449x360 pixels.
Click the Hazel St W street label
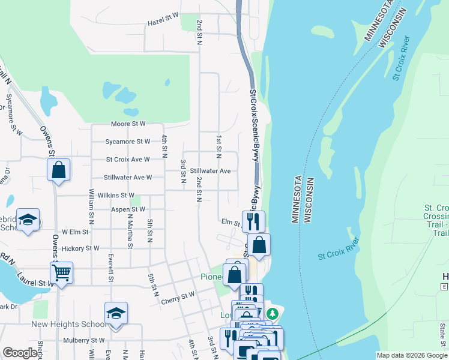[x=163, y=23]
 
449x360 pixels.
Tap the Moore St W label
[x=128, y=124]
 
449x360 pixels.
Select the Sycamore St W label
[x=127, y=142]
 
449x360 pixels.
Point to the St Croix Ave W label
[x=127, y=160]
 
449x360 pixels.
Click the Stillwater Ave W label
[x=127, y=178]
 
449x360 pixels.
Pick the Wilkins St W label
[x=119, y=195]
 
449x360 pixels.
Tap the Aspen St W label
[x=128, y=209]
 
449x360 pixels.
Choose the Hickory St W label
[x=80, y=248]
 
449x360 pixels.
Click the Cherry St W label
[x=178, y=295]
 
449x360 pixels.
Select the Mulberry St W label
[x=84, y=340]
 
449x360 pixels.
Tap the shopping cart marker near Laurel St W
[x=61, y=273]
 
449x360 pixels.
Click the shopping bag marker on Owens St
[x=59, y=169]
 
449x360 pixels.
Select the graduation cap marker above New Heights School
[x=116, y=313]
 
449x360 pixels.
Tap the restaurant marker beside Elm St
[x=253, y=221]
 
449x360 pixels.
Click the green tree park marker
[x=273, y=313]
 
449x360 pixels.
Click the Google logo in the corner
[x=20, y=353]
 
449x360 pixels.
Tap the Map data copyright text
[x=411, y=355]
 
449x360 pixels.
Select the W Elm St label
[x=75, y=232]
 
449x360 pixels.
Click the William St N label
[x=92, y=203]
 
